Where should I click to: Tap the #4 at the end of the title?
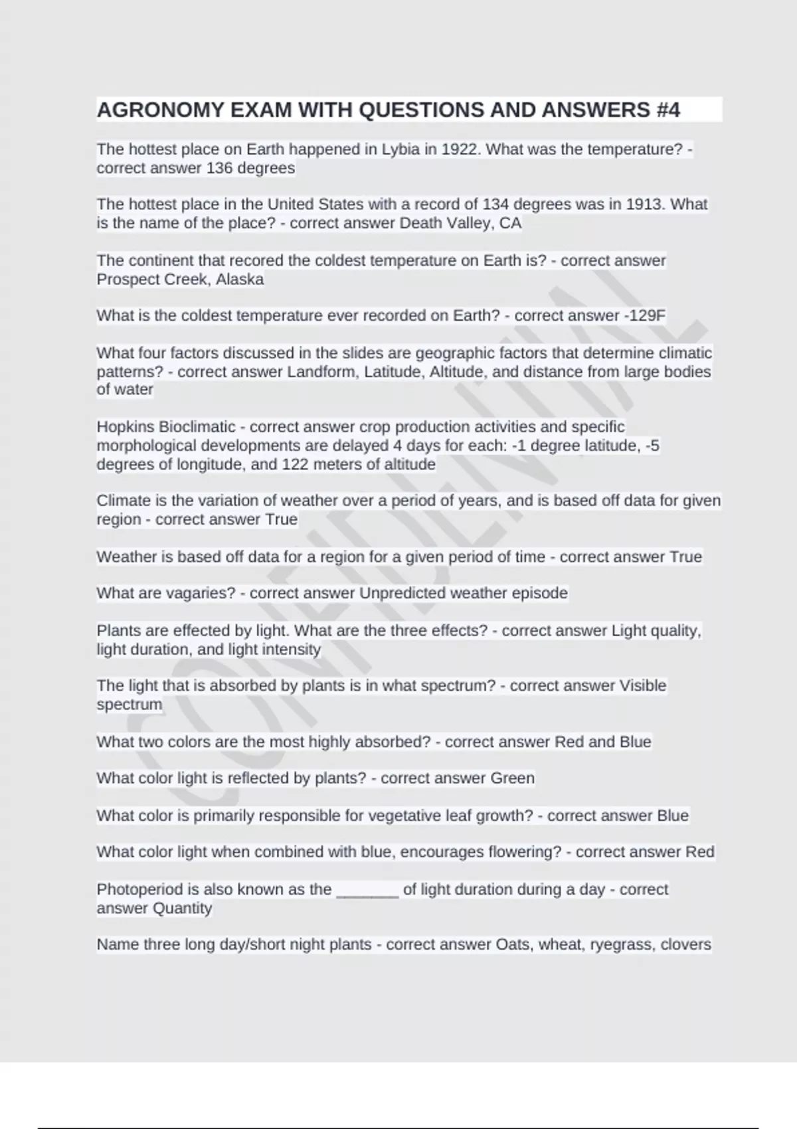(667, 110)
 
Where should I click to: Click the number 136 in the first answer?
(219, 168)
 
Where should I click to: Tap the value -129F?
(645, 315)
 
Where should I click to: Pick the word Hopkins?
(126, 427)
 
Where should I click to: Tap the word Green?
(512, 778)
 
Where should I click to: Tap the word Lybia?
(400, 149)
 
